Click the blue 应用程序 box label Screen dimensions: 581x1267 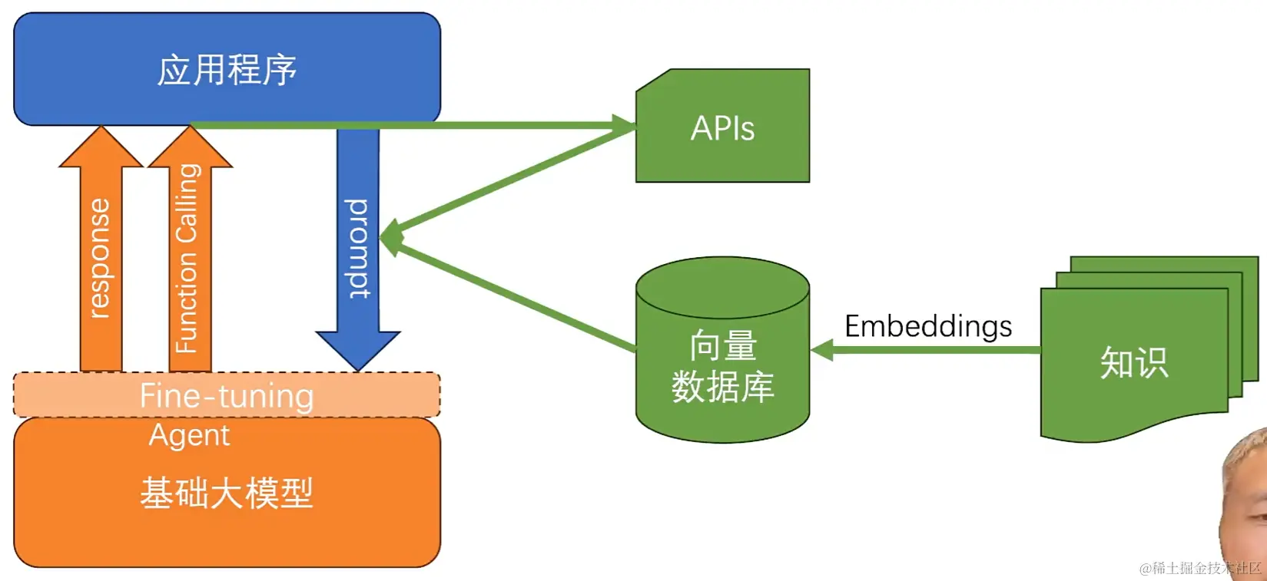click(227, 71)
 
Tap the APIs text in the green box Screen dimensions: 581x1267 click(722, 128)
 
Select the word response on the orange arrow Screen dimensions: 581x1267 click(100, 258)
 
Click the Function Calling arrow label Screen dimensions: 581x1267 click(187, 258)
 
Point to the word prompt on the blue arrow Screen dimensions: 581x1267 click(358, 248)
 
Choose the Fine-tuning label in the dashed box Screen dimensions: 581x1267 click(227, 396)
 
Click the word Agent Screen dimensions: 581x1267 click(189, 435)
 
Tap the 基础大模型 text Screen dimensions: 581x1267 click(227, 493)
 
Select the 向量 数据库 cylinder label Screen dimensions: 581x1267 click(722, 366)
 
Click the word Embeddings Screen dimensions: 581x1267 click(928, 326)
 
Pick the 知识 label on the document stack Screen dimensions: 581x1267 click(1134, 362)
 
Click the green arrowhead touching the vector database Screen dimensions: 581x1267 click(821, 351)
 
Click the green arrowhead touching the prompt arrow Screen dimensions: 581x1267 click(388, 236)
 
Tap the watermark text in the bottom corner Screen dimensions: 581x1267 click(1199, 568)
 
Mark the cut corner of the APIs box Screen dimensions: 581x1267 click(653, 80)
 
